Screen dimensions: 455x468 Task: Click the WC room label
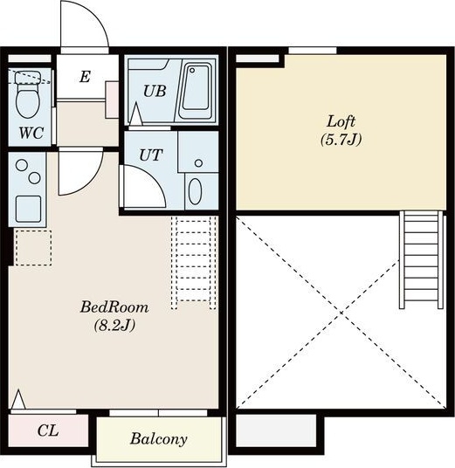(31, 133)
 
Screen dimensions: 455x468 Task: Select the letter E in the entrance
(85, 77)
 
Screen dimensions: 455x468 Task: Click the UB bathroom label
(155, 91)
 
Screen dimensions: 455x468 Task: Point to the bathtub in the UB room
(196, 91)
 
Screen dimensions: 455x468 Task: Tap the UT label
(151, 155)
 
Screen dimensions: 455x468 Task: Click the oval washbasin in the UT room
(195, 191)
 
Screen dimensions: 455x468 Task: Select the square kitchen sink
(28, 209)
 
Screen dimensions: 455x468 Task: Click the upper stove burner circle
(22, 165)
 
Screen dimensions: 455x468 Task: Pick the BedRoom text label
(114, 307)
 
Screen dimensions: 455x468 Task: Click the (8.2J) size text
(114, 325)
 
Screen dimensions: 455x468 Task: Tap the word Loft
(341, 121)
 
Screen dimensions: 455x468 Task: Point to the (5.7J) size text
(341, 140)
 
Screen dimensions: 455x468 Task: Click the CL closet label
(48, 430)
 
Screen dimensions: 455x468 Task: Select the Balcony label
(159, 438)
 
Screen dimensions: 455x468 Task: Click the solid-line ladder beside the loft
(421, 259)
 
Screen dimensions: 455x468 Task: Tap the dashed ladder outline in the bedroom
(194, 263)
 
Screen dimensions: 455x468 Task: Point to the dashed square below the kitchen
(33, 248)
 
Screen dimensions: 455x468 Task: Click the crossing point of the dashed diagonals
(341, 313)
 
